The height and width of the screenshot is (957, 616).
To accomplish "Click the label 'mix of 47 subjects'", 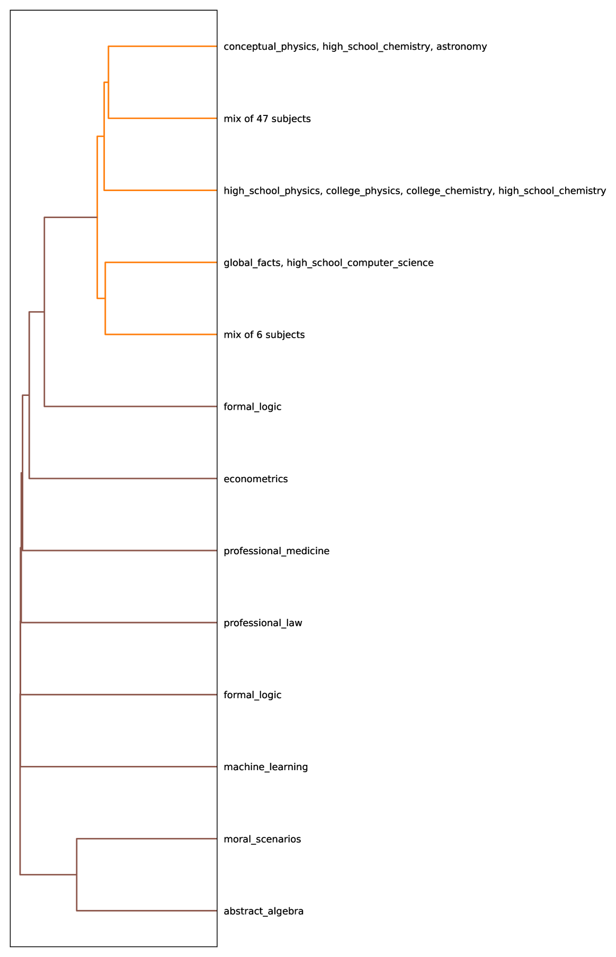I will (267, 119).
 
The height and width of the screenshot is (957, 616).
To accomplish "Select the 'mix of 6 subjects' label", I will (264, 335).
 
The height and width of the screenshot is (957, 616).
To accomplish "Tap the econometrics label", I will (256, 479).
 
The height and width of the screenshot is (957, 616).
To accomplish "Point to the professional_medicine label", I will (276, 551).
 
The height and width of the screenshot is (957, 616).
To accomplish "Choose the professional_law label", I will (263, 623).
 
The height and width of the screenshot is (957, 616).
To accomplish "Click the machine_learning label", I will (265, 767).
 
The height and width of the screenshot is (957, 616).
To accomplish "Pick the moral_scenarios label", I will (262, 839).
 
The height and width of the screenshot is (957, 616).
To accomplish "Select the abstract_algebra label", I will (263, 911).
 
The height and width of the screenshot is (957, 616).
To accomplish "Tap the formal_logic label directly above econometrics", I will (252, 407).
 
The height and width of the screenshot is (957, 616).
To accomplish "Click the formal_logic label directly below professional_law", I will (252, 695).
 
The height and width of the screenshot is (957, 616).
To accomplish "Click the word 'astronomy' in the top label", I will (461, 47).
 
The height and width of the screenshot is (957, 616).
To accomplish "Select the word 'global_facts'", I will (252, 263).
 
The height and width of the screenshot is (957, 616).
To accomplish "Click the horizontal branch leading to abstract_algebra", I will (147, 911).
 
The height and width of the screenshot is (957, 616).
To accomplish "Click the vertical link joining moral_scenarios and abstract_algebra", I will (77, 874).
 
